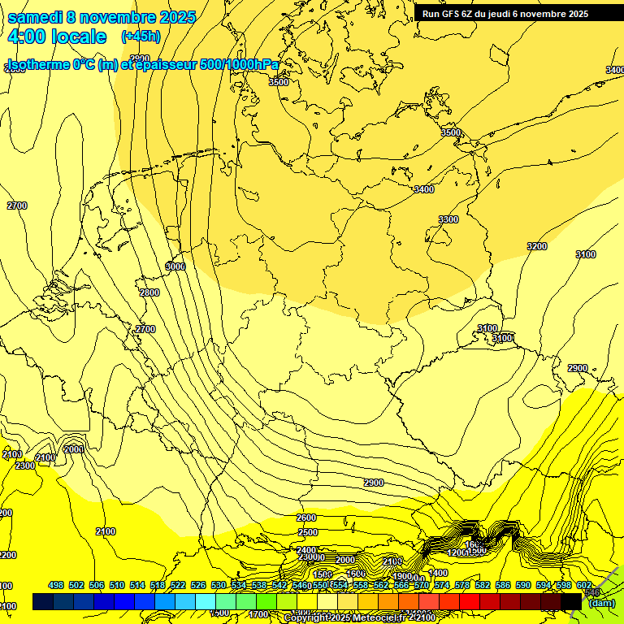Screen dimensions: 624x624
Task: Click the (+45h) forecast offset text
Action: coord(141,37)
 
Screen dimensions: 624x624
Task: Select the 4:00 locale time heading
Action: coord(56,37)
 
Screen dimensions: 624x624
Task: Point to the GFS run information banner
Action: coord(505,14)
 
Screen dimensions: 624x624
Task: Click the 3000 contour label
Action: coord(175,266)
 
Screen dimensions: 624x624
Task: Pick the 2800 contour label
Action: coord(149,292)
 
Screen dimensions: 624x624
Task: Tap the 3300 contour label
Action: coord(448,219)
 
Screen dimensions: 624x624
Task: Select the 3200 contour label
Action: coord(537,246)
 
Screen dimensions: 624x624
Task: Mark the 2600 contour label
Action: coord(306,518)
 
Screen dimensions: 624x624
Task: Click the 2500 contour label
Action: coord(308,532)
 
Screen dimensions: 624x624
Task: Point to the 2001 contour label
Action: coord(73,449)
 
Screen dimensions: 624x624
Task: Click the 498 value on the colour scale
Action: coord(56,586)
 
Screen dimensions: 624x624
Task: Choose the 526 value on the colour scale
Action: coord(198,586)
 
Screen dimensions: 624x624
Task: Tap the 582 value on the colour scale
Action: coord(483,586)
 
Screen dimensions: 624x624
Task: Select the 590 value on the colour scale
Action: coord(523,586)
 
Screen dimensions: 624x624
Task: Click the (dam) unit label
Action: coord(602,603)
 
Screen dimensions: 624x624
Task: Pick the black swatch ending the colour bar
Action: coord(571,601)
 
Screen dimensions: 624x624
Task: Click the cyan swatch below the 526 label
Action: coord(206,601)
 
